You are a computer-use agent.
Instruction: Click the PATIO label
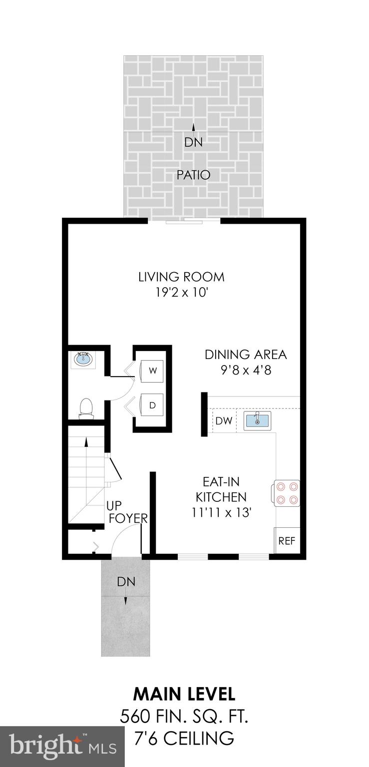click(x=194, y=175)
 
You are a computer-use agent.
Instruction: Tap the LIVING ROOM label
click(x=181, y=277)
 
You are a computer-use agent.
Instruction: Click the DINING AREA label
click(x=246, y=355)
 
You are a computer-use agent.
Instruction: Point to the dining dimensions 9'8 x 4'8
click(x=246, y=371)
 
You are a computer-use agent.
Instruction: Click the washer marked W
click(x=153, y=371)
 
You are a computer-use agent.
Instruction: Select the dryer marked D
click(x=153, y=405)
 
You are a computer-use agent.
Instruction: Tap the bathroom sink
click(x=83, y=359)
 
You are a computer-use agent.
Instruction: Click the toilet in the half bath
click(x=86, y=407)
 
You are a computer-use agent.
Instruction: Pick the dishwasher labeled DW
click(x=224, y=421)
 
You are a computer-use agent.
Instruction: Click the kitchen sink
click(x=257, y=420)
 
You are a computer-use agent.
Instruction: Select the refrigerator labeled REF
click(x=287, y=540)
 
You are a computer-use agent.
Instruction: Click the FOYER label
click(x=128, y=518)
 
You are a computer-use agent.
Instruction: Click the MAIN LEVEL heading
click(x=184, y=694)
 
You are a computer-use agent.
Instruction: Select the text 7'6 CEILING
click(x=184, y=737)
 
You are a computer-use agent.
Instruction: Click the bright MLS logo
click(x=62, y=747)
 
